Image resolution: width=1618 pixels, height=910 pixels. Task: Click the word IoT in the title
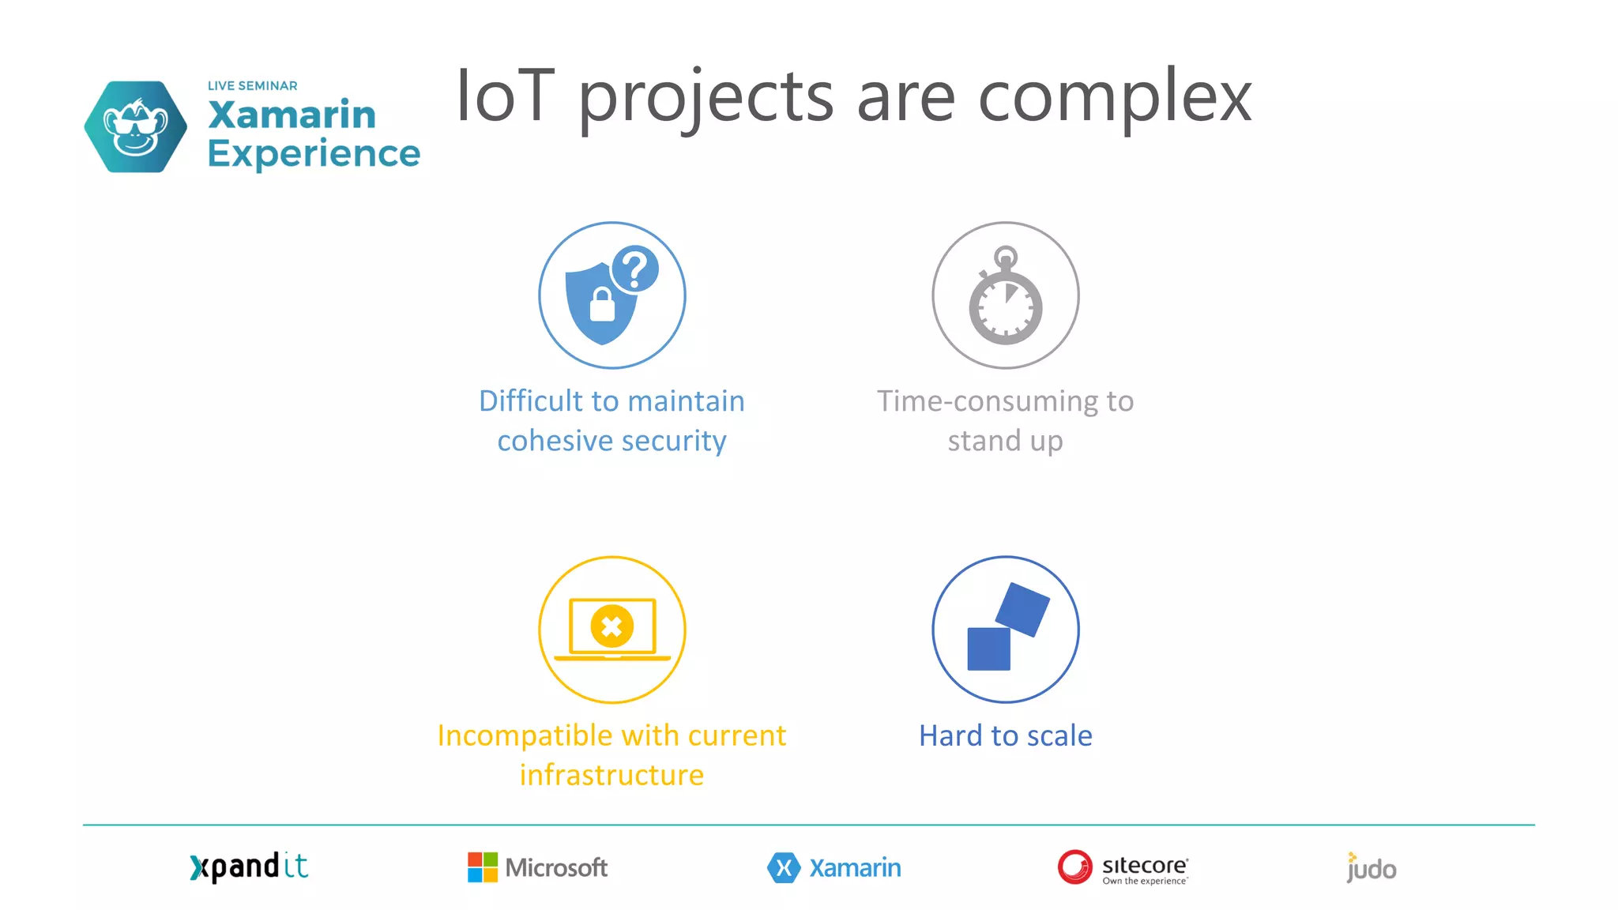(506, 96)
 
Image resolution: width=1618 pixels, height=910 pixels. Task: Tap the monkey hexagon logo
(136, 126)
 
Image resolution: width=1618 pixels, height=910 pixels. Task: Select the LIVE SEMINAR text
(252, 85)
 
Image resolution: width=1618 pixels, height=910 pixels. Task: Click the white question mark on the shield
(635, 269)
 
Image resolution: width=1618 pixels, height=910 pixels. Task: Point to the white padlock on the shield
(602, 305)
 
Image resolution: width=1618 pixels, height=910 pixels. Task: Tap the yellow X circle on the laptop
(611, 627)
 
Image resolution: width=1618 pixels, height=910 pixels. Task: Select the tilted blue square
(1022, 609)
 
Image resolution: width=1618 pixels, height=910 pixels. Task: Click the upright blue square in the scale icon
(988, 649)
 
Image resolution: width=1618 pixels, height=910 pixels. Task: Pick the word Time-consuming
(988, 401)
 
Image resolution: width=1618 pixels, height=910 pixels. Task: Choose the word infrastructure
(611, 775)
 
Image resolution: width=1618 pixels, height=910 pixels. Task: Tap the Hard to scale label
(1005, 735)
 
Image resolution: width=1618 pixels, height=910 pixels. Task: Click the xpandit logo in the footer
(249, 867)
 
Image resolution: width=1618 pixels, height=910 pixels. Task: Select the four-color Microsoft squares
(482, 867)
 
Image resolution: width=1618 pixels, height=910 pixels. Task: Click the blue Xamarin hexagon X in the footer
(783, 867)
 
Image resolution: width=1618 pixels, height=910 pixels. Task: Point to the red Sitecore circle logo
(1074, 867)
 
